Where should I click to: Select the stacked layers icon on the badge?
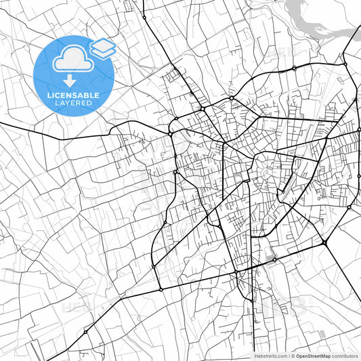tap(102, 47)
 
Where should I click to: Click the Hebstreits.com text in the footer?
tap(270, 356)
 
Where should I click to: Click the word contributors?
tap(345, 356)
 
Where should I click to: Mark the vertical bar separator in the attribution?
tap(288, 356)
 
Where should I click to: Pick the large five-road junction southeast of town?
tap(324, 242)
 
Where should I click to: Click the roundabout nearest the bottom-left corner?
tap(86, 332)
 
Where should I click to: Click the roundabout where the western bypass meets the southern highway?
tap(161, 289)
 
